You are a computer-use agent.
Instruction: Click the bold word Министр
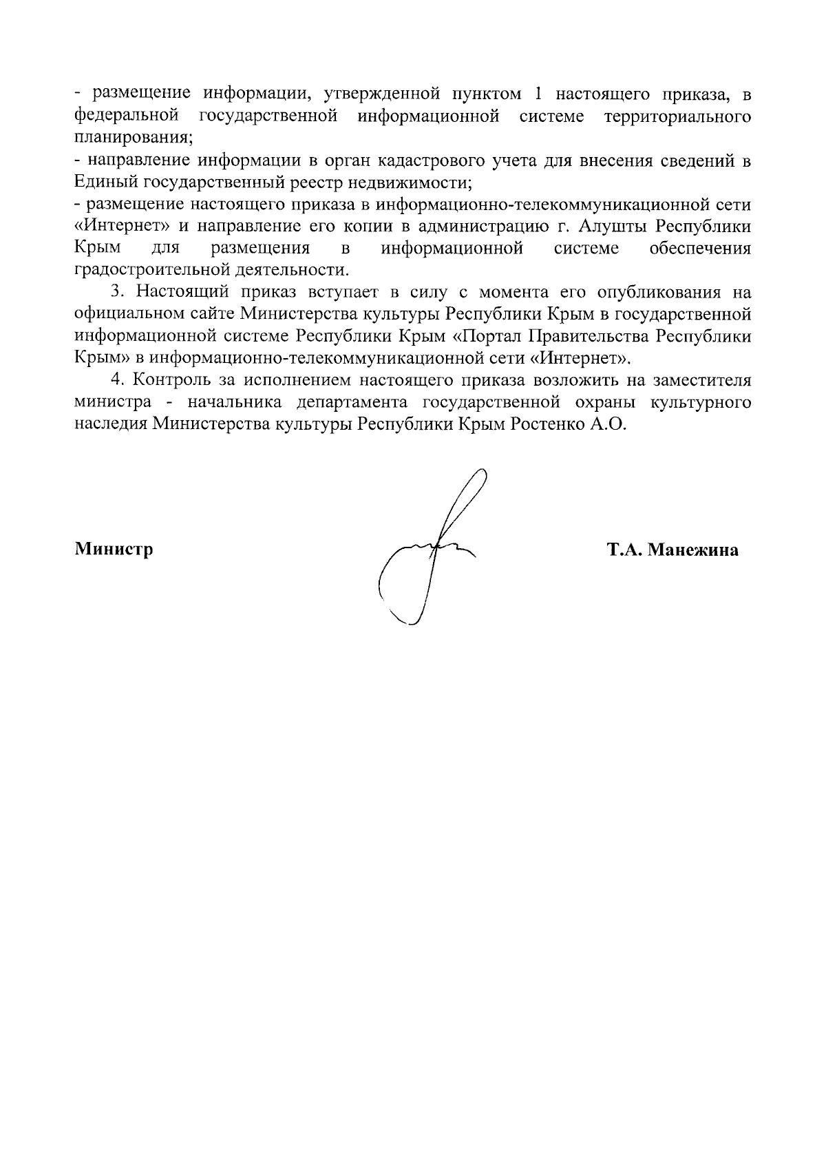pyautogui.click(x=114, y=550)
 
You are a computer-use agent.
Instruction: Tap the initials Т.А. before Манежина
pyautogui.click(x=624, y=550)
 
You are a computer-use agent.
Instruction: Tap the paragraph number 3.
pyautogui.click(x=116, y=292)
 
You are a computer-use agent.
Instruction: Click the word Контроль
pyautogui.click(x=165, y=380)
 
